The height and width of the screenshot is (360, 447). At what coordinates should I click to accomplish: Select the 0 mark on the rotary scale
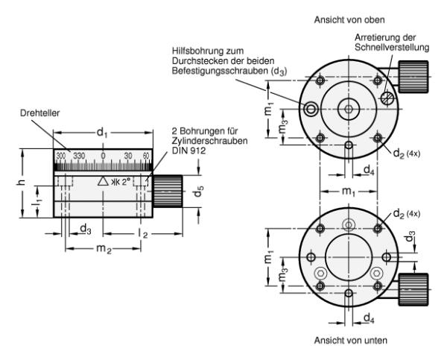coord(103,155)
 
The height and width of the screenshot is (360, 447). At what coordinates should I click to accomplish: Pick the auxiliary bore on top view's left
coord(310,109)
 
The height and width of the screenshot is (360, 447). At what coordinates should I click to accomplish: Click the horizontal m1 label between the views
coord(348,194)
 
